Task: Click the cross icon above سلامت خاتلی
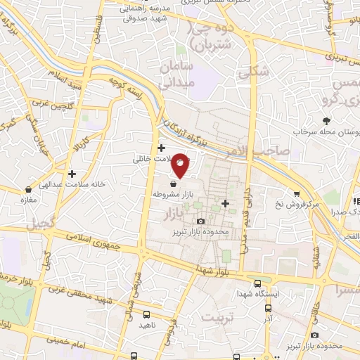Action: coord(162,148)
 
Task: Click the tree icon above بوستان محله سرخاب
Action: coord(326,120)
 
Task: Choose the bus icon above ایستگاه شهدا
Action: coord(258,281)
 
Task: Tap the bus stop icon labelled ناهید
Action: coord(146,316)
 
